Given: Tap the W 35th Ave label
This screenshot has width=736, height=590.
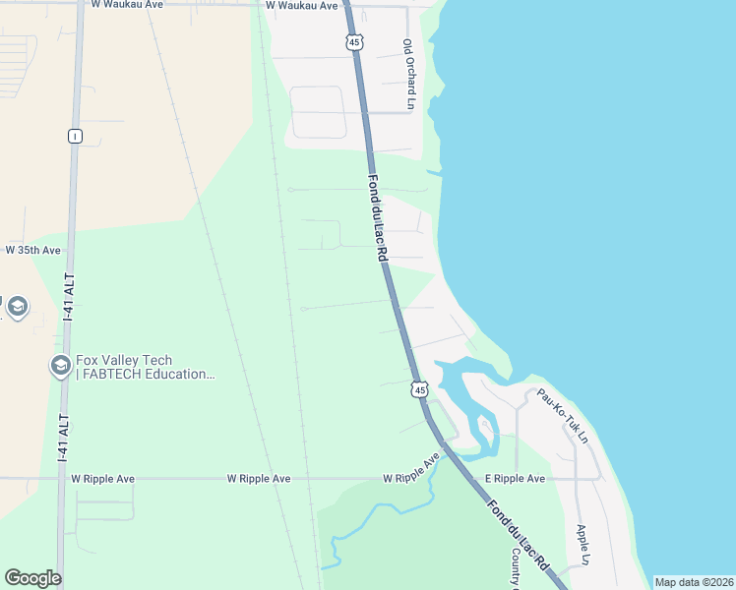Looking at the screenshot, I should tap(33, 251).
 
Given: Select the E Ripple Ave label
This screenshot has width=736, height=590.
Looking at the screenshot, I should tap(514, 479).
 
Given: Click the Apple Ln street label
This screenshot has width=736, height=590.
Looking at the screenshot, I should tap(583, 545).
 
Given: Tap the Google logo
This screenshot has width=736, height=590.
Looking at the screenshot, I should tap(32, 578).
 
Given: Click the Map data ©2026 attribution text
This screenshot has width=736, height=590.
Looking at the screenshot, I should tap(694, 582).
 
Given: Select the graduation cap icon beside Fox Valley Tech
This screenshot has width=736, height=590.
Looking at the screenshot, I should tap(60, 367).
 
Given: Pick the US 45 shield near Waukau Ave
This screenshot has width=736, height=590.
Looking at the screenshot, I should tap(354, 41).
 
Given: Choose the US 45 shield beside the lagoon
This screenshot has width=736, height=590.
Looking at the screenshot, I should tap(420, 390).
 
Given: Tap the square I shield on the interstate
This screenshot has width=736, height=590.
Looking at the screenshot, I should tap(75, 136).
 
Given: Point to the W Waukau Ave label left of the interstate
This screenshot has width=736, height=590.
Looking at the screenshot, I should tap(126, 5).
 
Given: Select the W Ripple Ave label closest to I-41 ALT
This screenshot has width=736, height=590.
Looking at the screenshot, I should tap(102, 479).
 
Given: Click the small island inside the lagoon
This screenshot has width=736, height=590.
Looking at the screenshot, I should tap(484, 427).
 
